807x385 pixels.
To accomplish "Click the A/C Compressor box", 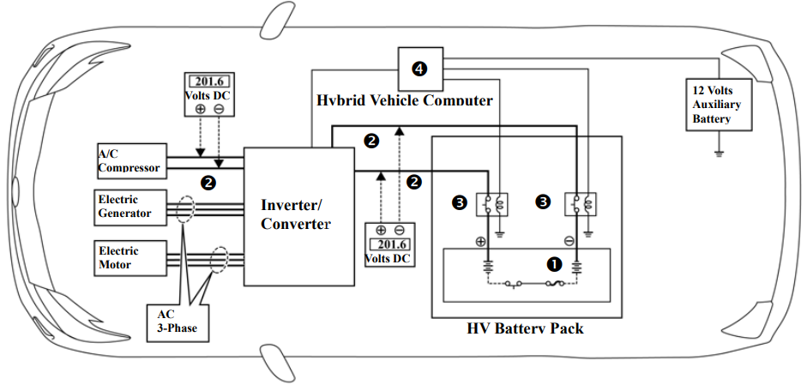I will pos(129,159).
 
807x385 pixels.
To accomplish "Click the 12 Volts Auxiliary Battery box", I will pos(718,104).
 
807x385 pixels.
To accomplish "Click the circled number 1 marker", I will pos(554,264).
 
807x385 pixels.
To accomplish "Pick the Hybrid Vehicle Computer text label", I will pos(405,100).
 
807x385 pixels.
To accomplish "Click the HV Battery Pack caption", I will pos(526,328).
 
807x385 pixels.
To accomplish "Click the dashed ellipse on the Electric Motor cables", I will pos(219,259).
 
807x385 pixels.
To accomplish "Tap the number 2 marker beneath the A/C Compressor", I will pos(208,181).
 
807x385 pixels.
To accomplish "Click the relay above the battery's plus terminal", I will pos(496,204).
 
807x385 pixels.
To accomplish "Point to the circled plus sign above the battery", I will pos(481,241).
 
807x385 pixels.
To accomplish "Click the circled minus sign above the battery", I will pos(569,241).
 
